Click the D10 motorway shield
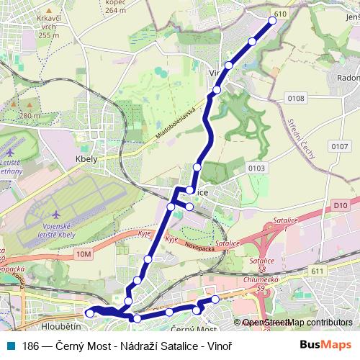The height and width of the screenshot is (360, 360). pos(341,205)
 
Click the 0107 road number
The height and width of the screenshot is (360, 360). pos(339,146)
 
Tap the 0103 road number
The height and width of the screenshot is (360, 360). pos(255,168)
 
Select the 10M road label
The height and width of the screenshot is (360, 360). pos(84,253)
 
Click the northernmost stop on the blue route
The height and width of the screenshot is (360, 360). pos(273,21)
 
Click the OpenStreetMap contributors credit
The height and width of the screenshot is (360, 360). pos(297,323)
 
